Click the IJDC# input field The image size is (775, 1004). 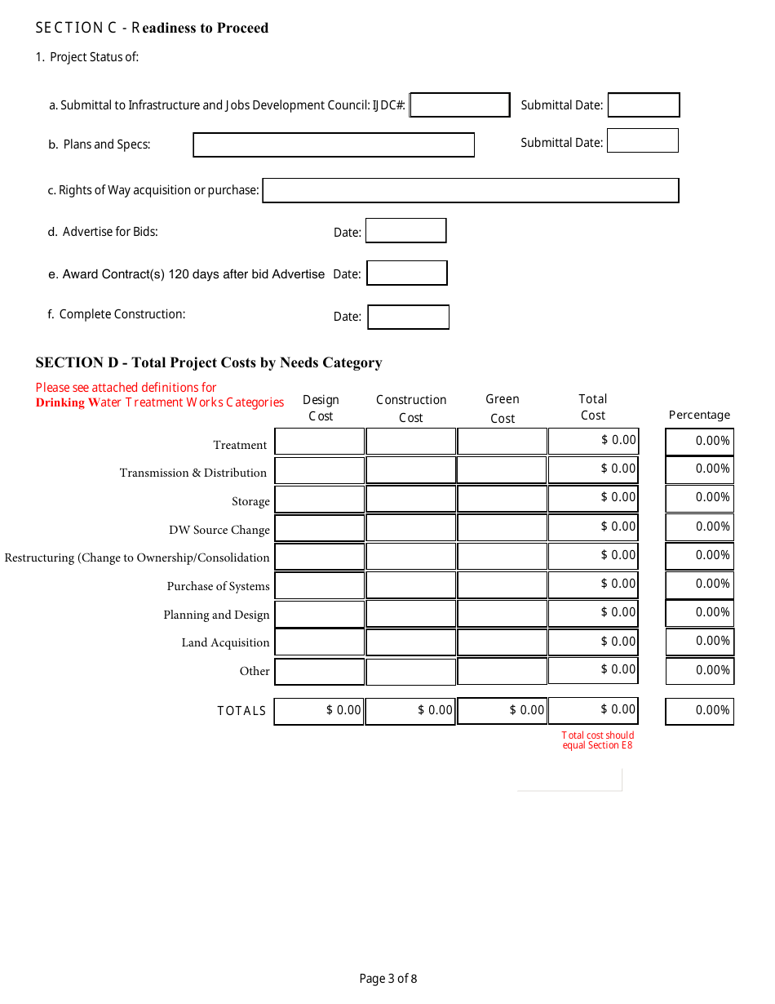[x=460, y=105]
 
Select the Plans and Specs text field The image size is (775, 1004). [x=334, y=145]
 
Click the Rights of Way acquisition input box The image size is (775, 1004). [x=471, y=191]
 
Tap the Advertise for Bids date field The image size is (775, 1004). [x=406, y=231]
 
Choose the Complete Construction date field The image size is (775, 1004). [x=409, y=318]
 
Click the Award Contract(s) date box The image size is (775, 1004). [x=407, y=273]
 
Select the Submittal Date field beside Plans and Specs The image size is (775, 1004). [x=643, y=141]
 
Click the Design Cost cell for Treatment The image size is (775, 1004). [x=320, y=442]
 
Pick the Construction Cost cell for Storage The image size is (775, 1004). [x=411, y=499]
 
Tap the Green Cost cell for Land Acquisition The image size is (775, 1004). [x=502, y=642]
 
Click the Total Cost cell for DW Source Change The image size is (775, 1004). [x=593, y=527]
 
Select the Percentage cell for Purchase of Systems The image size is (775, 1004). [x=700, y=584]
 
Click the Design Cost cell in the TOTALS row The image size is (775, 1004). [x=320, y=711]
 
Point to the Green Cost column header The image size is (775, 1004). [x=503, y=408]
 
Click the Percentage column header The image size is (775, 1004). [x=699, y=415]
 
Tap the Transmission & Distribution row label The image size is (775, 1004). [x=193, y=473]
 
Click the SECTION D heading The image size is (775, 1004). [x=209, y=363]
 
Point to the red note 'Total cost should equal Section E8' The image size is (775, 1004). [x=597, y=740]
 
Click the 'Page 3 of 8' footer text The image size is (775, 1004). [x=388, y=979]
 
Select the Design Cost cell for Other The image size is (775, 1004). [x=320, y=672]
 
